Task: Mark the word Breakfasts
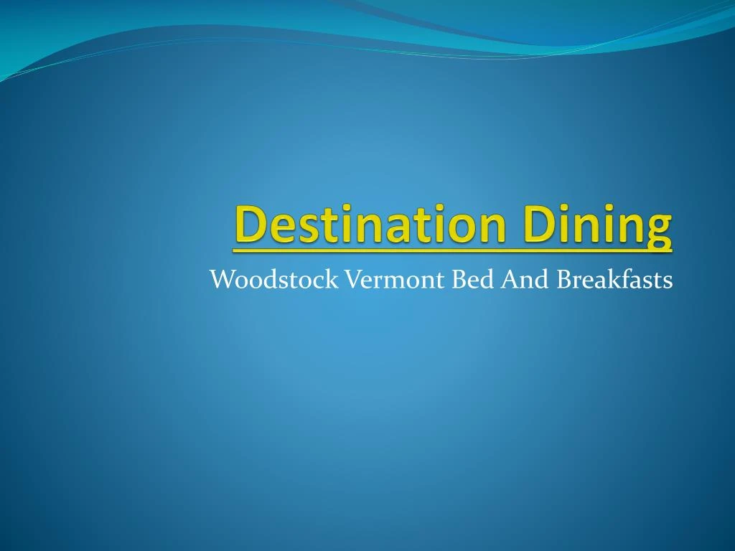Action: pyautogui.click(x=615, y=279)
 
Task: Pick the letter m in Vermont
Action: pyautogui.click(x=392, y=281)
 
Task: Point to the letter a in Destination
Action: pyautogui.click(x=390, y=227)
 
